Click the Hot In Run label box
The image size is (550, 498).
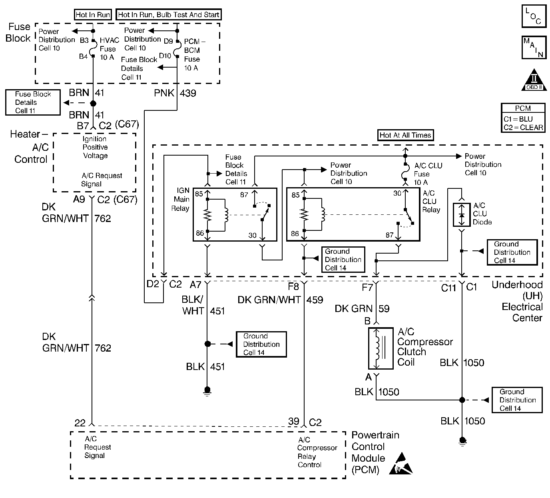pos(93,15)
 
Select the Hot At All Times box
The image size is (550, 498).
pos(405,135)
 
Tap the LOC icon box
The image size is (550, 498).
pos(534,16)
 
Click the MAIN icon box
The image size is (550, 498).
pos(534,48)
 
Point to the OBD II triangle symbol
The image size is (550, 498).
pos(534,80)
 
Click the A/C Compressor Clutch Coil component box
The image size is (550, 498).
pos(375,348)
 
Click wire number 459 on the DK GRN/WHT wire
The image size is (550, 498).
pos(315,300)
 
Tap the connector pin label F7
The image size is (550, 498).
pos(367,288)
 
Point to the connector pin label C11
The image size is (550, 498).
pos(448,288)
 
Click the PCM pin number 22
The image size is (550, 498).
pos(80,422)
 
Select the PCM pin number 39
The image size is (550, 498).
pos(294,422)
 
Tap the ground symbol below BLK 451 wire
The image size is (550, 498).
pos(207,390)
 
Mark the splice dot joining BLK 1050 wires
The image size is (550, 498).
pos(462,400)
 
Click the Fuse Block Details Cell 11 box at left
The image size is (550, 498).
pos(33,102)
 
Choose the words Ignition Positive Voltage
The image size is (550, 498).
pos(95,147)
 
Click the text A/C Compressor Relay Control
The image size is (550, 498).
pos(317,452)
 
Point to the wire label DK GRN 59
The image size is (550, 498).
pos(362,308)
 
